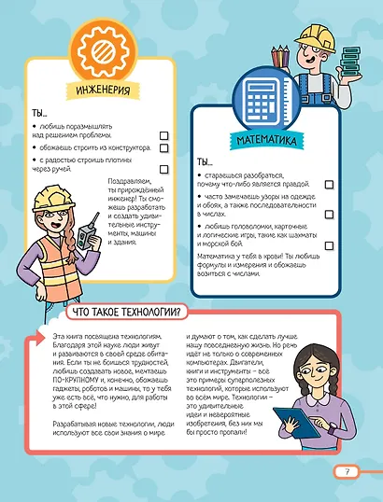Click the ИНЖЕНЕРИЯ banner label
pos(99,91)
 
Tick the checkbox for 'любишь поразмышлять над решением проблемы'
pos(163,135)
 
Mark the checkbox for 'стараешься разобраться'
pos(328,186)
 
